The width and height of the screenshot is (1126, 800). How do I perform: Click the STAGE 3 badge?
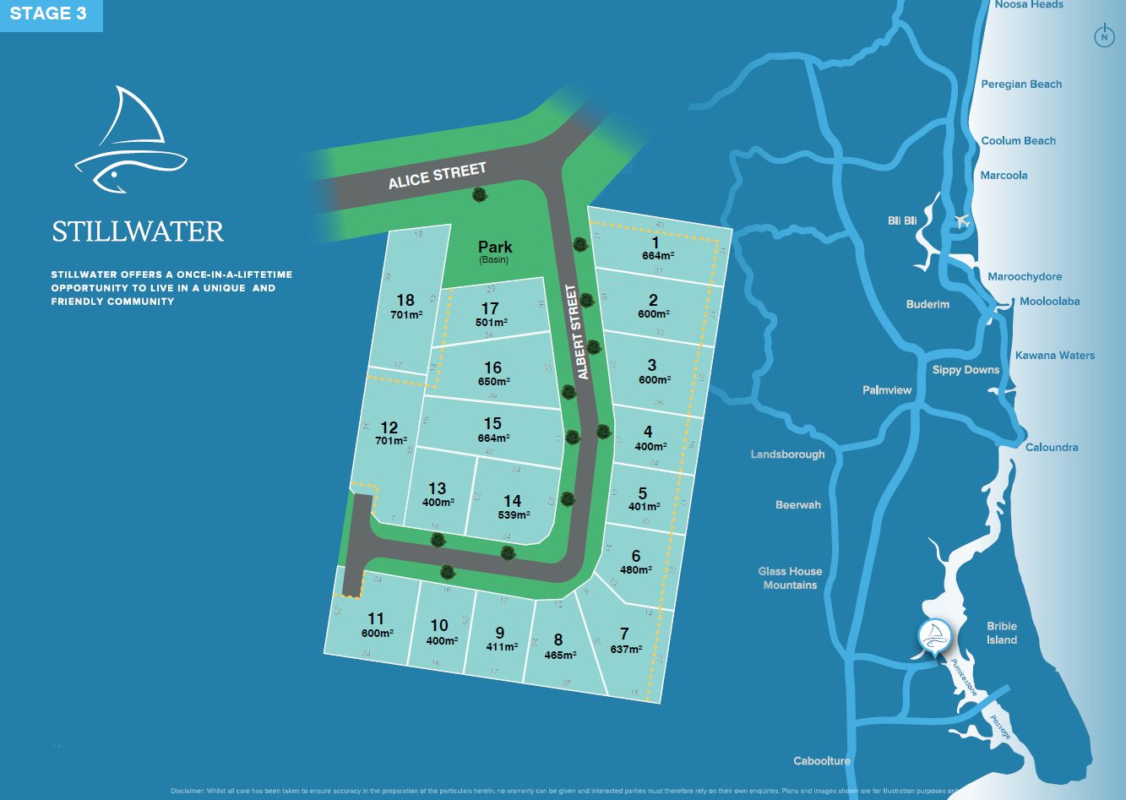click(x=49, y=14)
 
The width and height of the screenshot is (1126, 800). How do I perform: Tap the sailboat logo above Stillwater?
click(x=131, y=139)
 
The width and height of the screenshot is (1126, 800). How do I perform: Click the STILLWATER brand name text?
click(x=138, y=231)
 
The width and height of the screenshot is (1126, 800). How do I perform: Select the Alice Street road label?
click(x=437, y=176)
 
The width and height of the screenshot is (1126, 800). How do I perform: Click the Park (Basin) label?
click(x=495, y=250)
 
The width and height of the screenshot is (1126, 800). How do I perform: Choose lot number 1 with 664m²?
click(x=656, y=248)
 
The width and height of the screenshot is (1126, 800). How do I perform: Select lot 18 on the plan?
click(x=406, y=306)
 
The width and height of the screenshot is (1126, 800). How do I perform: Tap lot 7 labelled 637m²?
click(x=625, y=640)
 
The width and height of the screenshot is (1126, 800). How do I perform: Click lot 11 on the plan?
click(x=376, y=625)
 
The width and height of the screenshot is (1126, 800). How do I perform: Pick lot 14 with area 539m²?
click(x=512, y=507)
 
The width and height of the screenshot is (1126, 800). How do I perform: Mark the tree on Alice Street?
click(x=480, y=195)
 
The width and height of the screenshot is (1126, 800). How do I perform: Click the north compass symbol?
click(x=1103, y=36)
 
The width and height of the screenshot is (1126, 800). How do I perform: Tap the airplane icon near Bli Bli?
click(x=960, y=220)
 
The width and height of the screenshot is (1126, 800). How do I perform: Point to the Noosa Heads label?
click(x=1028, y=5)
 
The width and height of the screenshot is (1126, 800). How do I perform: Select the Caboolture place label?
click(x=821, y=761)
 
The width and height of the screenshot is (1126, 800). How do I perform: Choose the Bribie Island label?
click(x=1002, y=633)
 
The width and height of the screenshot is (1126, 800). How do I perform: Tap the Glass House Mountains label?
click(x=790, y=578)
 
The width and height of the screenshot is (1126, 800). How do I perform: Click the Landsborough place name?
click(x=787, y=454)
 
